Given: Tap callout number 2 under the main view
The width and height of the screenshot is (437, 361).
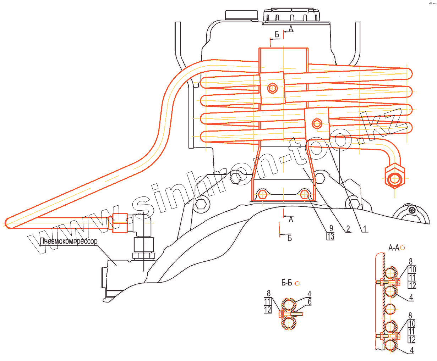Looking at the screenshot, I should [x=348, y=229].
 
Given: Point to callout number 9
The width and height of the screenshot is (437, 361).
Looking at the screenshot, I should [x=331, y=228].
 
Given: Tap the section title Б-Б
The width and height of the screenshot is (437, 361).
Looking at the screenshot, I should [x=286, y=283].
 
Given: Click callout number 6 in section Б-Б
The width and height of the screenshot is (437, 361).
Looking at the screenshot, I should [x=310, y=302].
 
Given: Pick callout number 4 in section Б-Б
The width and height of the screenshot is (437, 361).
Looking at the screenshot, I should [x=310, y=294].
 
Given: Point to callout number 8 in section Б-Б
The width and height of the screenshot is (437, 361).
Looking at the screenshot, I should [x=268, y=293].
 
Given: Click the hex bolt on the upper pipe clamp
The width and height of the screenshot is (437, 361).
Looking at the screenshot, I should [x=272, y=88].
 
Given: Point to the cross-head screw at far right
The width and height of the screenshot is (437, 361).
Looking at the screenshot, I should [x=411, y=210].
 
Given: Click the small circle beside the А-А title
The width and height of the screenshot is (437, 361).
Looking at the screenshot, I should [x=403, y=248].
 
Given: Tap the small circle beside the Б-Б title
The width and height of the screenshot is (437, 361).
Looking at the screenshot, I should [x=297, y=283].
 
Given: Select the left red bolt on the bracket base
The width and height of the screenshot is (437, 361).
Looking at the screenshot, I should [x=262, y=194].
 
